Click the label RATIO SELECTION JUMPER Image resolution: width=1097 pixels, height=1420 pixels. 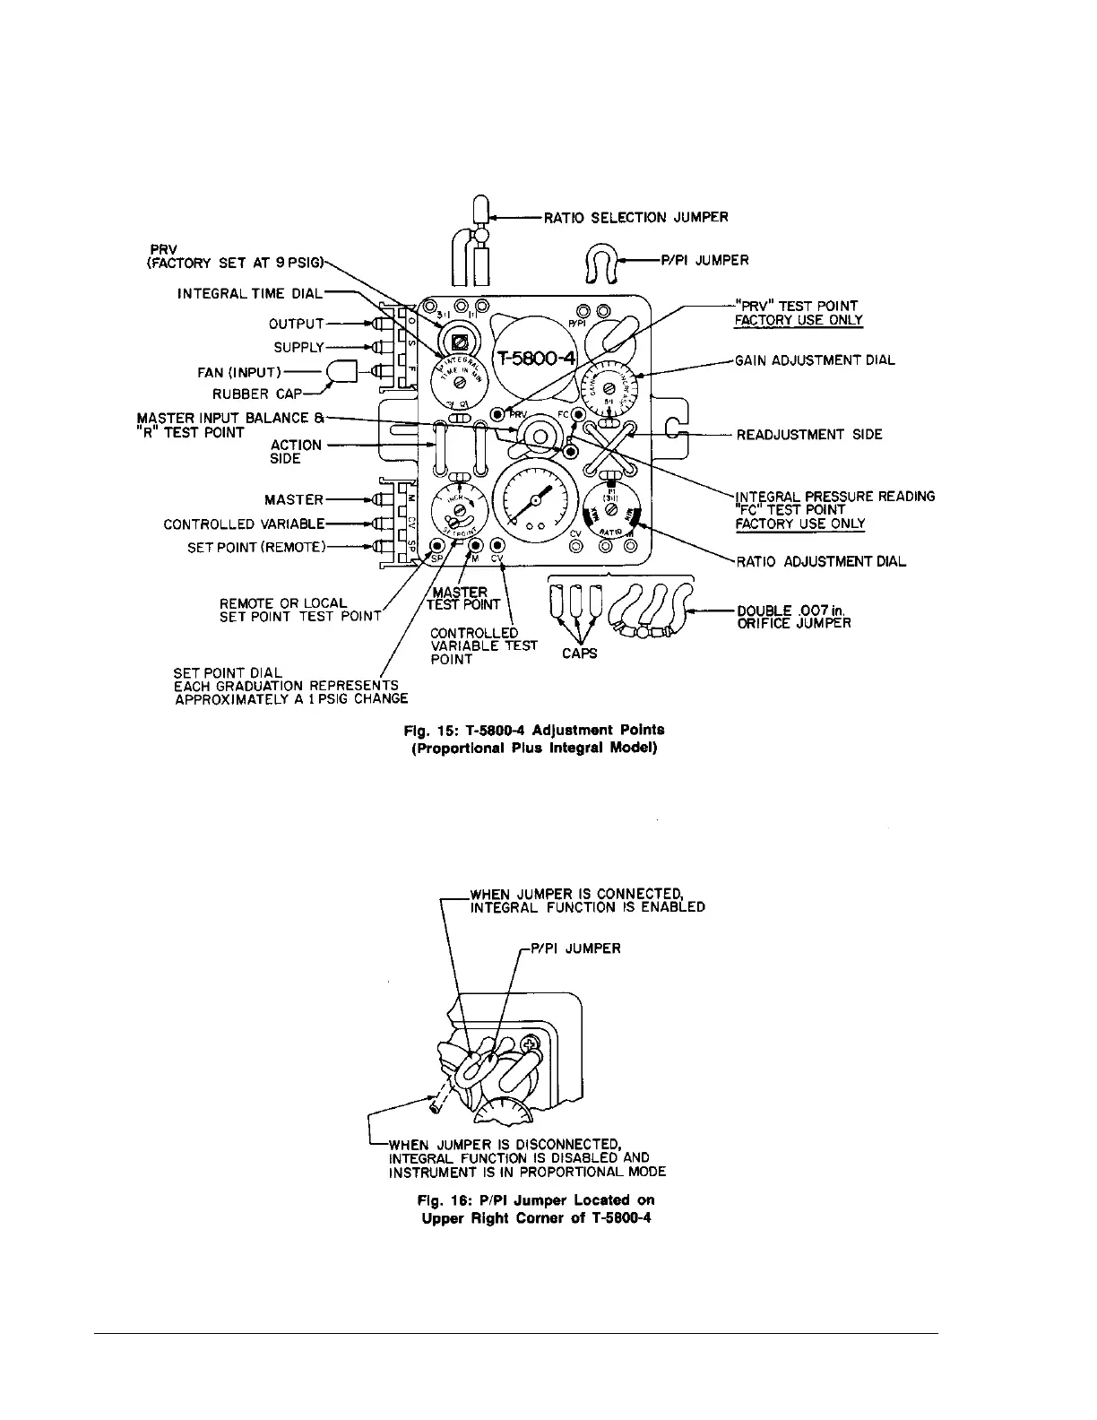pos(636,217)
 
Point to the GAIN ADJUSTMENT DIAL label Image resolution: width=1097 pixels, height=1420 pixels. pos(815,360)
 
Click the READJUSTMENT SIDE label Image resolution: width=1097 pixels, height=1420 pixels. pos(809,435)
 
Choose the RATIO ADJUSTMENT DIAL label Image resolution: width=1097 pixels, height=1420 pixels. pos(821,562)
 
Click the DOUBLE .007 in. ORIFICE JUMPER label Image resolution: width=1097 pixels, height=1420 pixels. pos(793,617)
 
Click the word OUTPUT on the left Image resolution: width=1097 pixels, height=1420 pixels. pos(296,324)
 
